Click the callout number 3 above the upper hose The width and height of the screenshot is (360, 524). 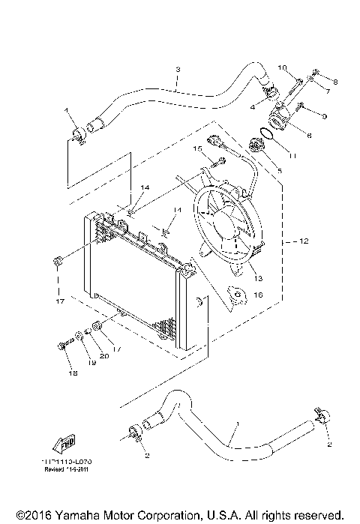(x=177, y=70)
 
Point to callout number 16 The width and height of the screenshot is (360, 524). (x=259, y=295)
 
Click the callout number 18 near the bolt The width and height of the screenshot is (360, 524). (x=73, y=373)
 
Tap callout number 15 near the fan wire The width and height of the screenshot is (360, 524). (x=198, y=149)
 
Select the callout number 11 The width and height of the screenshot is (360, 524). (x=293, y=155)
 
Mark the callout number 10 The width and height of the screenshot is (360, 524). (x=283, y=68)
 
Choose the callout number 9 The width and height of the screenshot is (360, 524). (x=323, y=116)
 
